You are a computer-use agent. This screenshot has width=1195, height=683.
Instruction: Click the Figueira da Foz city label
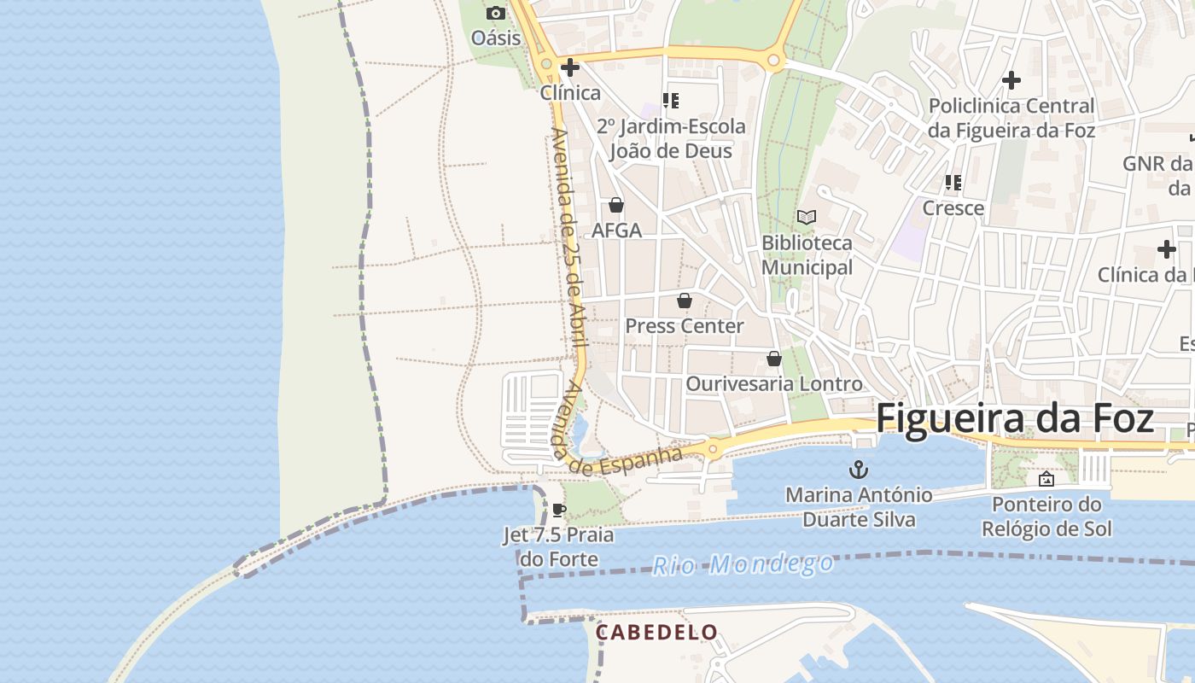pos(1015,419)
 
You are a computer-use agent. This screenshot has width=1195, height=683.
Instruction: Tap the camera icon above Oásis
pos(496,13)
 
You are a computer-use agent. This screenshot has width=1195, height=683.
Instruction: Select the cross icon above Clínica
pos(570,67)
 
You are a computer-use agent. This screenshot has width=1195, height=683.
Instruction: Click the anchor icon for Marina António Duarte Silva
pos(858,469)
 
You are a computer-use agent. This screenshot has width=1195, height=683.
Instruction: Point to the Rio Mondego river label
pos(743,563)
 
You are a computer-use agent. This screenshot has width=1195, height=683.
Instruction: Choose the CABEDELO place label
pos(656,633)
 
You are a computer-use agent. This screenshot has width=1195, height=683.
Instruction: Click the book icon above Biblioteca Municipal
pos(807,217)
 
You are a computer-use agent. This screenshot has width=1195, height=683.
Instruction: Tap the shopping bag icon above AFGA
pos(616,206)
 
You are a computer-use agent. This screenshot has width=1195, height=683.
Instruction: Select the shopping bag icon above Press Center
pos(684,301)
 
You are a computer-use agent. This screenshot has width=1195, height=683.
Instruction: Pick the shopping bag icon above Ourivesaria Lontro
pos(774,359)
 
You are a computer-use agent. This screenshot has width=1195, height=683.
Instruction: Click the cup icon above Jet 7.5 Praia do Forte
pos(558,511)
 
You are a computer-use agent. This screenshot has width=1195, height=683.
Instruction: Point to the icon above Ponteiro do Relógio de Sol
pos(1046,479)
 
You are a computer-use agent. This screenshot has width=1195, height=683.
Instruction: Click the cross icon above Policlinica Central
pos(1011,80)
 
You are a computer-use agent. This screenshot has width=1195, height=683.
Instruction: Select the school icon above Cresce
pos(953,183)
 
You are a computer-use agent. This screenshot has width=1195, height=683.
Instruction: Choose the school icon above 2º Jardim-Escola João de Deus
pos(671,101)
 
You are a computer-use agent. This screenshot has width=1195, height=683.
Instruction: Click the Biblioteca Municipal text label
pos(807,255)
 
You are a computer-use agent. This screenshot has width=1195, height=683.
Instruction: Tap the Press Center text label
pos(685,326)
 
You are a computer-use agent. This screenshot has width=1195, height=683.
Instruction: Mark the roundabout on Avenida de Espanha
pos(713,448)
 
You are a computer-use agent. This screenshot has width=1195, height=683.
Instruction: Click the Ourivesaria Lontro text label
pos(774,384)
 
